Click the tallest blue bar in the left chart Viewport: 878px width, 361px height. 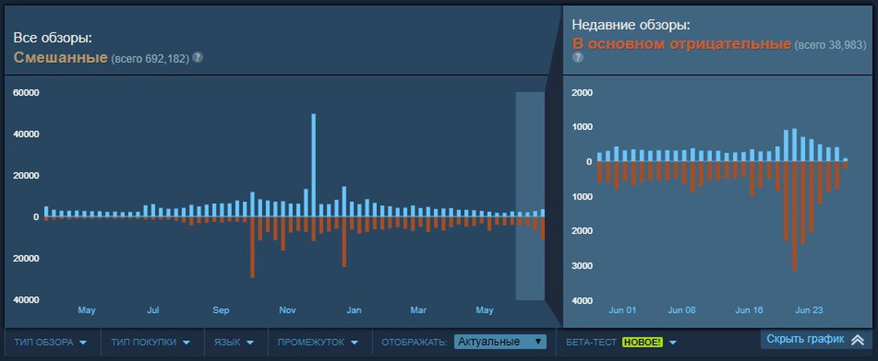(x=314, y=164)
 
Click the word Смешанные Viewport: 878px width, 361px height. (x=61, y=57)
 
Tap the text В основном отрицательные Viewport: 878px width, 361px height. (x=681, y=45)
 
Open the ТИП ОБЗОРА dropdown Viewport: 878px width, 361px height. (x=50, y=342)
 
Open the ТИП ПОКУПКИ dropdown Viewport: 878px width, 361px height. (x=151, y=342)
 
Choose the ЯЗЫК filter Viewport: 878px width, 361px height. (x=234, y=342)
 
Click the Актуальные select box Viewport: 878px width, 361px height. (x=500, y=341)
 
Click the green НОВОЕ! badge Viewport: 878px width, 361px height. (x=642, y=342)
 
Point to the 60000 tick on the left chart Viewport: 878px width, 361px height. (x=26, y=94)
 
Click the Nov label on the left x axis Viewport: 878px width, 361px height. (x=288, y=311)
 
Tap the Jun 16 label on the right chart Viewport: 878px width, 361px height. (x=748, y=311)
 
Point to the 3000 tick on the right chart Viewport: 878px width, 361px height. (x=582, y=266)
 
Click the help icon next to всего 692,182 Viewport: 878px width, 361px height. (x=198, y=57)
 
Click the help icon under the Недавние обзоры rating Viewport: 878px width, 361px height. (x=577, y=58)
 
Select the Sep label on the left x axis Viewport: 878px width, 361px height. (x=221, y=311)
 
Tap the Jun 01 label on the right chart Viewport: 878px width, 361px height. (x=622, y=311)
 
